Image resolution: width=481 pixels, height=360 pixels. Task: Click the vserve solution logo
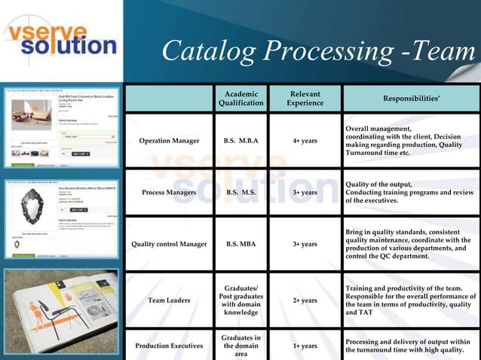click(x=61, y=38)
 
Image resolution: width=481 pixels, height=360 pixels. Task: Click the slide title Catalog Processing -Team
click(x=320, y=50)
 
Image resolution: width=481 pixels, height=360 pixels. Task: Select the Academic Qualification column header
click(x=241, y=98)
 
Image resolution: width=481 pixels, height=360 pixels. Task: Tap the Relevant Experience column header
click(x=305, y=98)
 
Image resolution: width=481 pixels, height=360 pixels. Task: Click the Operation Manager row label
click(x=170, y=141)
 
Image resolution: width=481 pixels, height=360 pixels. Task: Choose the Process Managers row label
click(x=170, y=192)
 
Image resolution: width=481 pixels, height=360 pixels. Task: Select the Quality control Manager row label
click(x=169, y=244)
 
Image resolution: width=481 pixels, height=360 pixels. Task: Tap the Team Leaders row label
click(x=170, y=300)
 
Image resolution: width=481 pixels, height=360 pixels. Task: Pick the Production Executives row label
click(x=170, y=346)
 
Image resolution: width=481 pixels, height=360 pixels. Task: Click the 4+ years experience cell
click(x=305, y=141)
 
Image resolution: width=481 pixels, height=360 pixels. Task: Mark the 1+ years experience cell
click(x=305, y=346)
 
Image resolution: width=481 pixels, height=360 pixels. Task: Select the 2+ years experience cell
click(x=305, y=300)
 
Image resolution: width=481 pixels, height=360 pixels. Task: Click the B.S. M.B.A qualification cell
click(x=241, y=141)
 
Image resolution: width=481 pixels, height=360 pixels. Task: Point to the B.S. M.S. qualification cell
click(x=241, y=192)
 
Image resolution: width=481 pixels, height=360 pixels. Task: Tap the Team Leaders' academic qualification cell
click(x=241, y=300)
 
